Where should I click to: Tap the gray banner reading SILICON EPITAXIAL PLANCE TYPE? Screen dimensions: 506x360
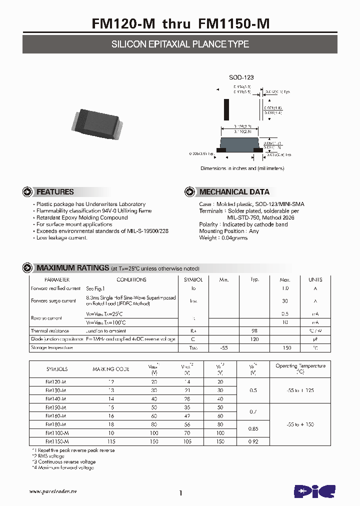(180, 44)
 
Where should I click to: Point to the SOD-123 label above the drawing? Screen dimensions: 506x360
(241, 77)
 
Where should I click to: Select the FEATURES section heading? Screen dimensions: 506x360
(55, 192)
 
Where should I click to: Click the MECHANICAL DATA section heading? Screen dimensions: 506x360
(234, 192)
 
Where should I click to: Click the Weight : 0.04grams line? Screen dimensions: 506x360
(223, 238)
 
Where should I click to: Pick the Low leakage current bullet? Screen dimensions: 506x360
(62, 238)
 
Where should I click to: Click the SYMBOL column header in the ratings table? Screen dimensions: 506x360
(193, 280)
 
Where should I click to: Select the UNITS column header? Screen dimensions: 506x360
(315, 280)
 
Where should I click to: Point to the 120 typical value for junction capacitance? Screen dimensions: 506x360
(254, 339)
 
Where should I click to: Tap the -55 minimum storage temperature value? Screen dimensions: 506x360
(223, 347)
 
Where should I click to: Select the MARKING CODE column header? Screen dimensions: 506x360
(110, 369)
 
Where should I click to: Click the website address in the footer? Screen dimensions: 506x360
(53, 492)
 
